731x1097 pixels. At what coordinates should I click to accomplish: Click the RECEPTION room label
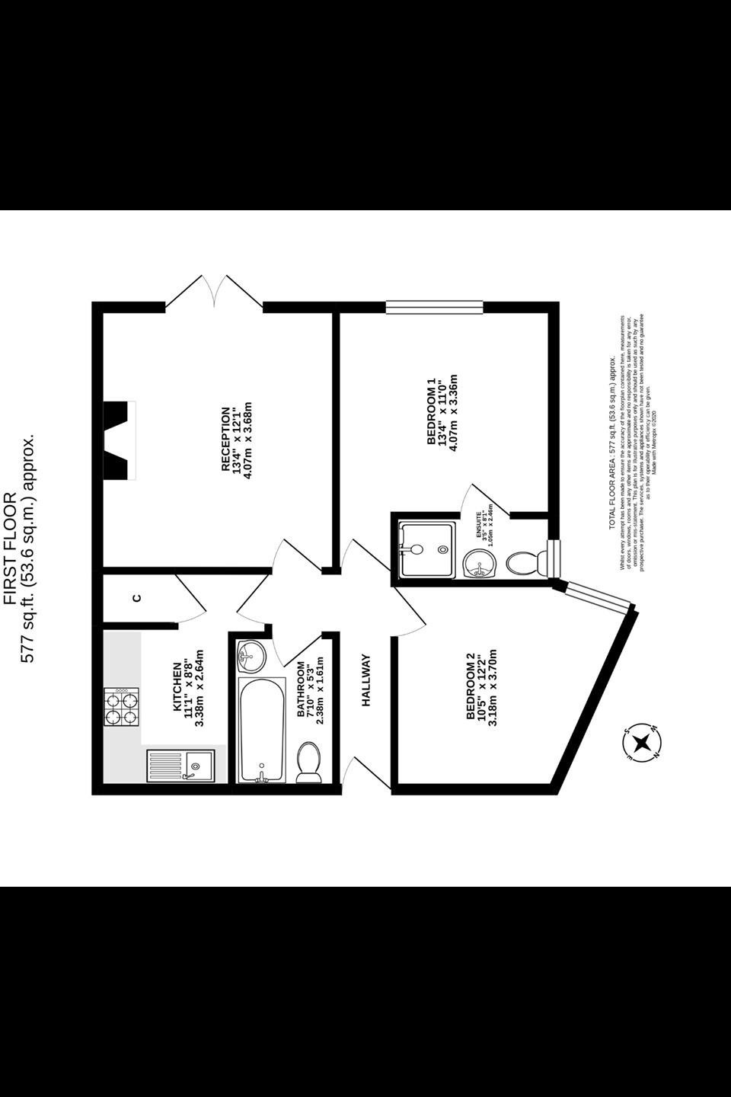pos(225,440)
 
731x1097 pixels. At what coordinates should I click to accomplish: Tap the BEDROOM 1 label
pos(431,412)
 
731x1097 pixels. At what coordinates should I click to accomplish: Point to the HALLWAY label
pos(366,680)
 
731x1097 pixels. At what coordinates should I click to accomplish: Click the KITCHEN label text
pos(177,688)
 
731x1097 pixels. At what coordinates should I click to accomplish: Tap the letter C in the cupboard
pos(137,597)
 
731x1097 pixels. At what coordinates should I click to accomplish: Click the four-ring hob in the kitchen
pos(123,707)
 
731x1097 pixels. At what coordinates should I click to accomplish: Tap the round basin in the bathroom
pos(250,654)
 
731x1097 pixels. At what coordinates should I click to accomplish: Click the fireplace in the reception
pos(120,440)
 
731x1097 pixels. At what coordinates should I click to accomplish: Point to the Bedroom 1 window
pos(434,307)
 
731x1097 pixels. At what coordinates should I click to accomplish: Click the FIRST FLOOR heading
pos(11,548)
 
